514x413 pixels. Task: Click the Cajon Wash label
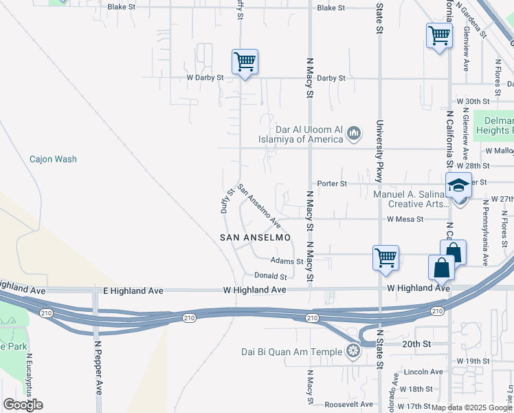[x=53, y=159]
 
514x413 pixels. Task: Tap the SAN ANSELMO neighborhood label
[x=254, y=237]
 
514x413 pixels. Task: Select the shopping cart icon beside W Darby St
[x=245, y=63]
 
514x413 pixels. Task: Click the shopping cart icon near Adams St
[x=385, y=258]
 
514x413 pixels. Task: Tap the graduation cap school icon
[x=458, y=186]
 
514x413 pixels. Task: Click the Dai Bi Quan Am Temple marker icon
[x=353, y=352]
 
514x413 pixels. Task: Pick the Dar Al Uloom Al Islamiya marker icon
[x=354, y=132]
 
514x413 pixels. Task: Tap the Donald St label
[x=270, y=276]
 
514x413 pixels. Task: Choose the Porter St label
[x=332, y=184]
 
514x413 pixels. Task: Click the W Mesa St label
[x=406, y=220]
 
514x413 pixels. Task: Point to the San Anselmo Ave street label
[x=259, y=206]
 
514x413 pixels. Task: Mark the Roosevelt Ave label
[x=348, y=404]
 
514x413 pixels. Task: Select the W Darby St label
[x=205, y=78]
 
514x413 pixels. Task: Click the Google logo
[x=23, y=405]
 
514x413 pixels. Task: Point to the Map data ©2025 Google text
[x=472, y=407]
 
